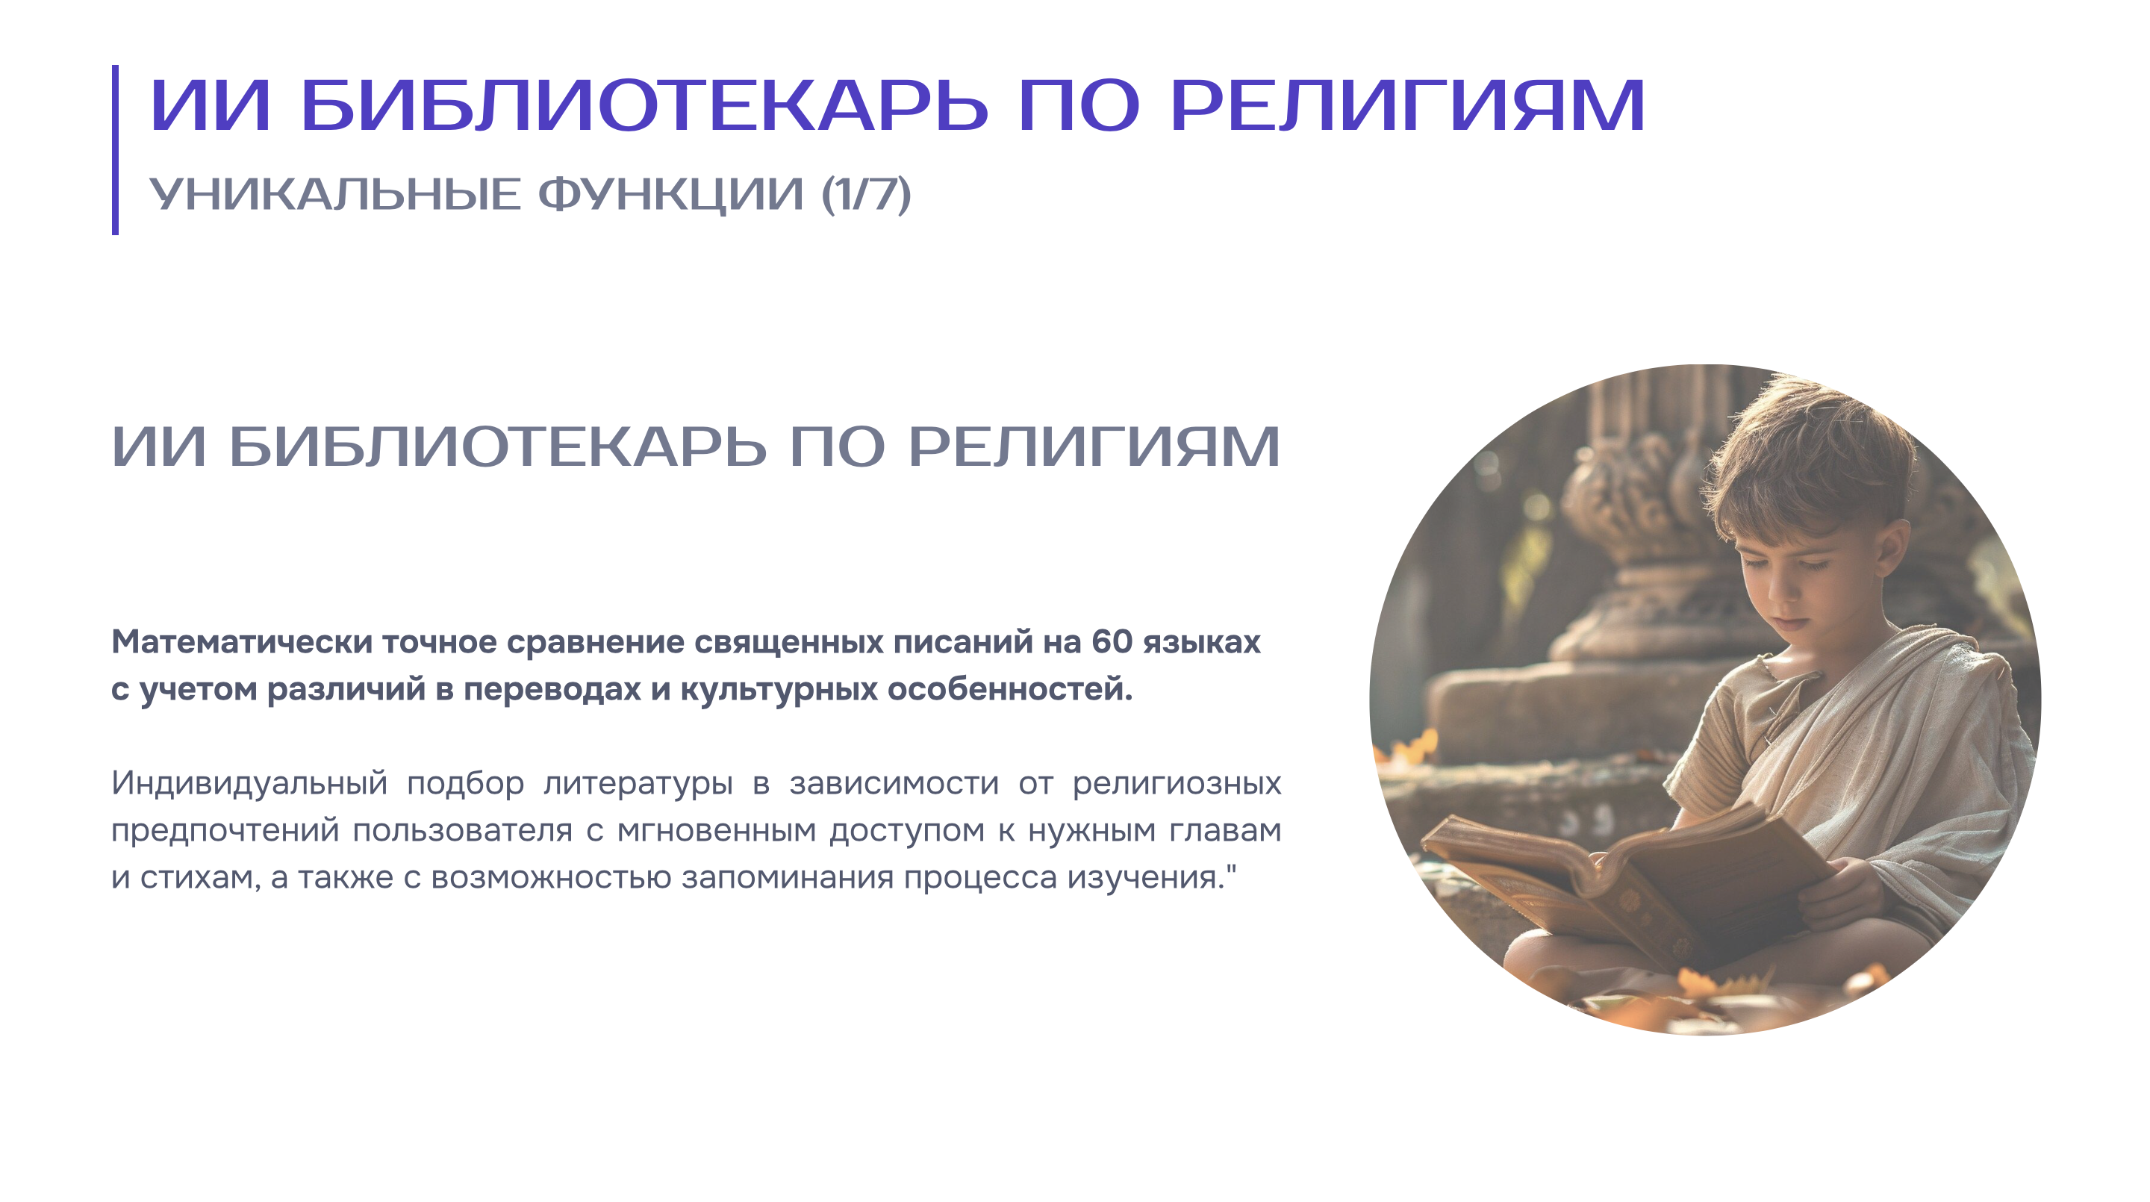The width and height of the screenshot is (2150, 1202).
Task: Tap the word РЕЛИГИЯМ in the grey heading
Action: tap(1094, 446)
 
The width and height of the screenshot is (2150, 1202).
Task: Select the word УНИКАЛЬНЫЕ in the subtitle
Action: tap(334, 195)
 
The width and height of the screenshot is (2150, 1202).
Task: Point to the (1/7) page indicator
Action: tap(866, 195)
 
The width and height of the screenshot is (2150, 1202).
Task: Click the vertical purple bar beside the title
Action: tap(115, 149)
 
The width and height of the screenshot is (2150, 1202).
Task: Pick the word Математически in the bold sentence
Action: tap(242, 642)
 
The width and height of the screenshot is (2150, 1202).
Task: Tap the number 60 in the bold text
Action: tap(1112, 641)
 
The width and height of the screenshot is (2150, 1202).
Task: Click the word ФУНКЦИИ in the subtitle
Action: tap(670, 196)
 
